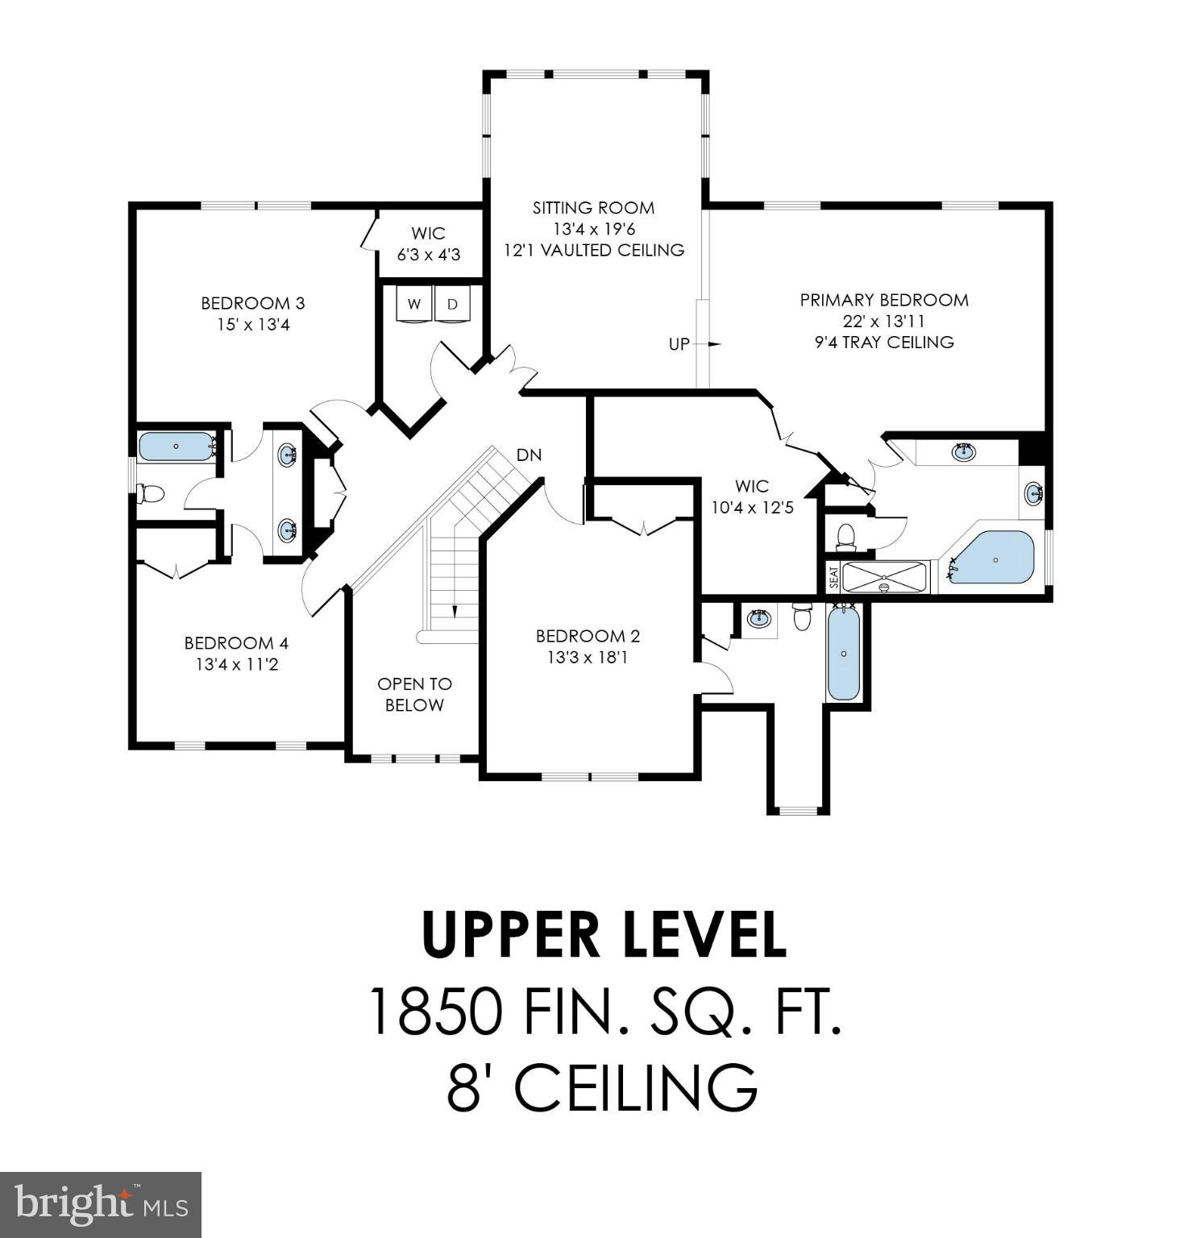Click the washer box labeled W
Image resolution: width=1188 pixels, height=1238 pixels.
click(x=414, y=305)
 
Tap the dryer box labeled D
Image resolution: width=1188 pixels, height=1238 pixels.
click(x=453, y=305)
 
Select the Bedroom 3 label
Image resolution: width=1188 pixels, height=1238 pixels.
click(x=252, y=303)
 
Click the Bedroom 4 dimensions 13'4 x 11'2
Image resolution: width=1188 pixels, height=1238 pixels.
click(x=236, y=664)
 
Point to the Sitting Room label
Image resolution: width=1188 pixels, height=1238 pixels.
click(x=593, y=208)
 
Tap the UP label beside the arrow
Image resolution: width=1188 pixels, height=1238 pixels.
click(x=679, y=344)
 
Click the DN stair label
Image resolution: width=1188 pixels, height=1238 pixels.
click(x=529, y=455)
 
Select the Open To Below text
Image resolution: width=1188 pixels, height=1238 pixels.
click(x=414, y=694)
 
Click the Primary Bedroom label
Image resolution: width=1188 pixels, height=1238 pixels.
click(x=883, y=300)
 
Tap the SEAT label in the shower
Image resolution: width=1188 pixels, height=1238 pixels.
click(x=833, y=577)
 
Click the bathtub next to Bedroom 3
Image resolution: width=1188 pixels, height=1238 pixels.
click(x=176, y=446)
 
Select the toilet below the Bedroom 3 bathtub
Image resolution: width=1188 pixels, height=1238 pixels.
click(x=151, y=492)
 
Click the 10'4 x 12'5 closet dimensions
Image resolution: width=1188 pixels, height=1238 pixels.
click(x=751, y=508)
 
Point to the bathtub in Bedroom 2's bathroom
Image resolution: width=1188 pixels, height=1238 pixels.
click(x=844, y=653)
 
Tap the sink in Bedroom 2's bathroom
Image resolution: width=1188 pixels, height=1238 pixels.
click(x=758, y=619)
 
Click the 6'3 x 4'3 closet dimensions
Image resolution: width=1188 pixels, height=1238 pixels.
click(x=428, y=255)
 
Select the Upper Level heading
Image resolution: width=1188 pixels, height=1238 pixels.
click(x=604, y=935)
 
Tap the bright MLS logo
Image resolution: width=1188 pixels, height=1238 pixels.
click(x=101, y=1205)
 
